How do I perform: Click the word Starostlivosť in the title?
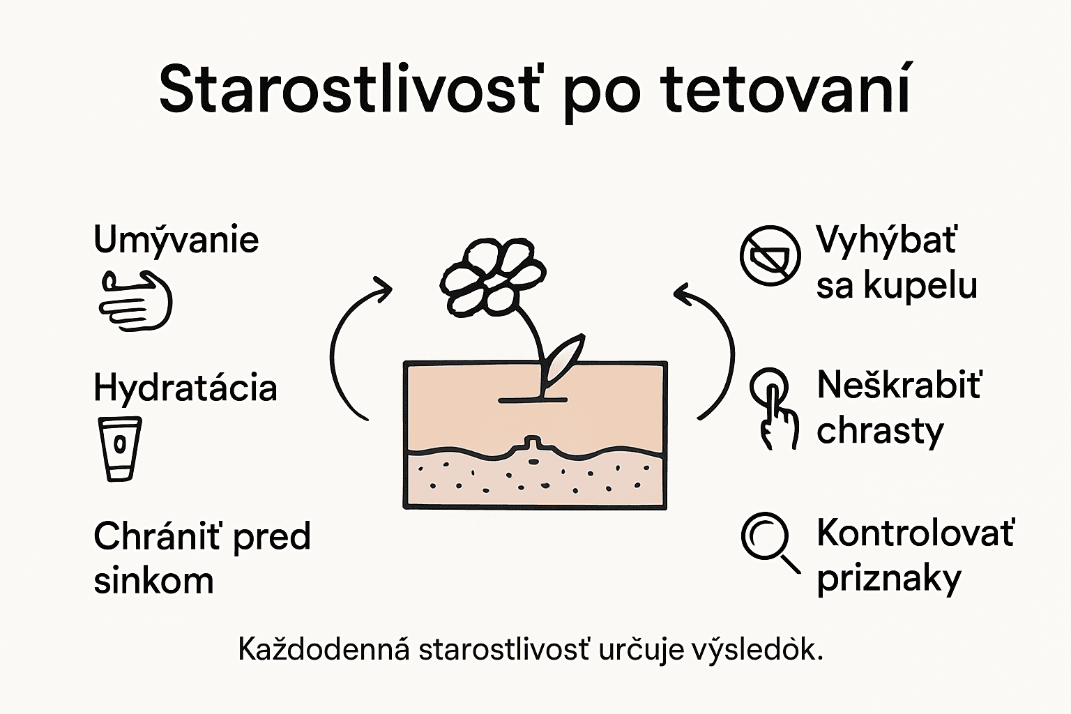(349, 90)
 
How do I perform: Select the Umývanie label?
(176, 240)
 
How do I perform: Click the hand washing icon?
(135, 301)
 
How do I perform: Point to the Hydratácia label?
(185, 388)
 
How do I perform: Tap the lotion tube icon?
(119, 448)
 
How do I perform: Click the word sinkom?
(153, 581)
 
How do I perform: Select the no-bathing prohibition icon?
(770, 256)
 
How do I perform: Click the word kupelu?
(920, 285)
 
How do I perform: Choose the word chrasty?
(880, 431)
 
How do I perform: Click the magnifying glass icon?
(770, 542)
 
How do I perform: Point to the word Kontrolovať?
(915, 533)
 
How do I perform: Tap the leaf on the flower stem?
(565, 360)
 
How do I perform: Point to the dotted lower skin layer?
(535, 480)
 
